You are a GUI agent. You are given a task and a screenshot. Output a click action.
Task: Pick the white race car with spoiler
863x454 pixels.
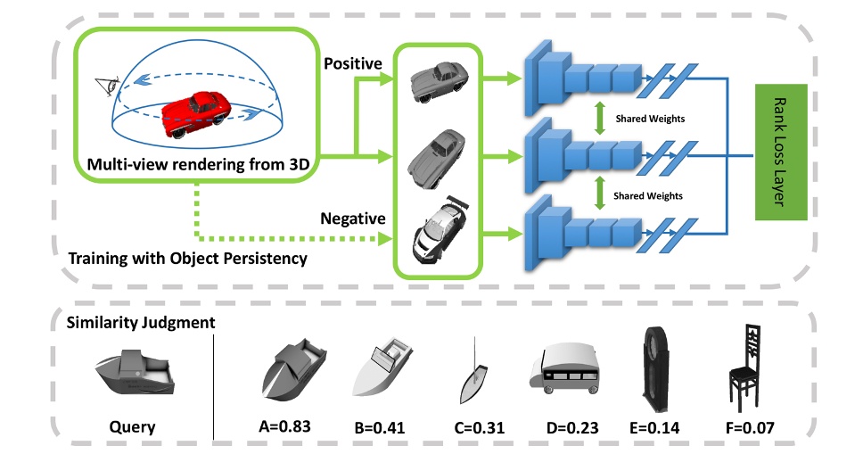437,235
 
